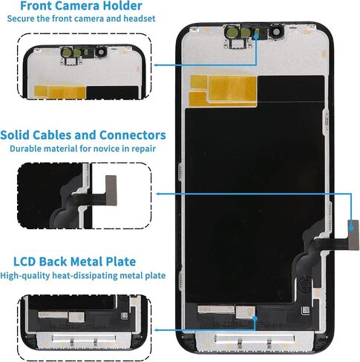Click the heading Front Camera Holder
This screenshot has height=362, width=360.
(81, 6)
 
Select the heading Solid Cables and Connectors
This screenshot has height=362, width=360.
(83, 135)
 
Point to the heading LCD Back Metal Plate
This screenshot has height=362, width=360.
(74, 262)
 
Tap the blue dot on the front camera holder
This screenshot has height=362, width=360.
(256, 36)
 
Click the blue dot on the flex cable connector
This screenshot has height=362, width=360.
(351, 228)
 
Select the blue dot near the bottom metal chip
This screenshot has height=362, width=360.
(255, 318)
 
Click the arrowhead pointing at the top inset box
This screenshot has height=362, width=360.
(156, 65)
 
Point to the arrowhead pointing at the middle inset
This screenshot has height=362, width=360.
(158, 194)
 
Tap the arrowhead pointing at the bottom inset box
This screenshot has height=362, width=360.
(157, 330)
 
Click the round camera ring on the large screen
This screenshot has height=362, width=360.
(275, 32)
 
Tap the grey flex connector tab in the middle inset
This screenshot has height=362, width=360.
(111, 191)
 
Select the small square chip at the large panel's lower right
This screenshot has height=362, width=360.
(306, 310)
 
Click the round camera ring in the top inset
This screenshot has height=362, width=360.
(101, 52)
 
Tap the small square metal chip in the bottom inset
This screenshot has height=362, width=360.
(76, 317)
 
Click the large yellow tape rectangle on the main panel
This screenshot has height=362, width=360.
(232, 88)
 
